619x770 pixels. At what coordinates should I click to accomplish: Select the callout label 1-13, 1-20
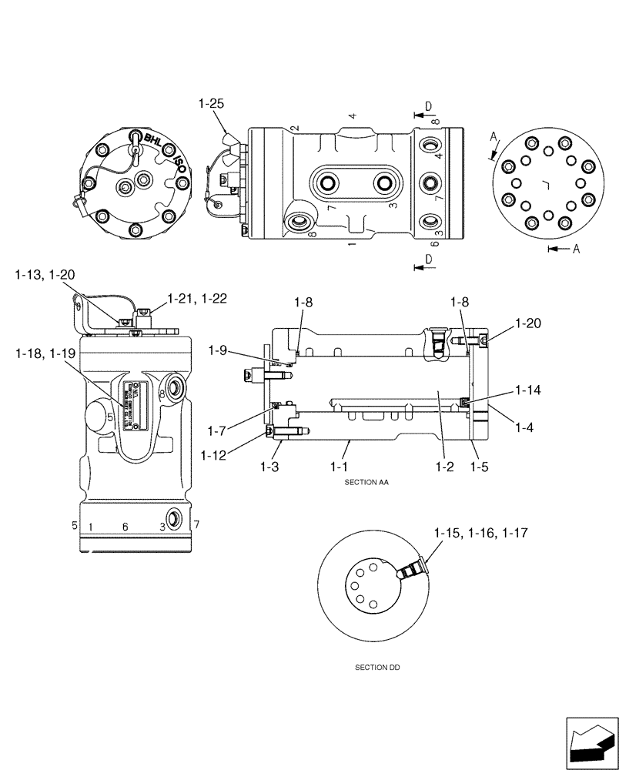click(x=45, y=275)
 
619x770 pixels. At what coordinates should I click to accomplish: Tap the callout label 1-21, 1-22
click(x=197, y=299)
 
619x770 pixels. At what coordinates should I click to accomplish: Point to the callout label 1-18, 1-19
click(x=45, y=353)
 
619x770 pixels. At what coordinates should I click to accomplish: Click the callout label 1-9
click(x=218, y=350)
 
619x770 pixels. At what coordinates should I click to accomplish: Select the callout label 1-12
click(x=215, y=456)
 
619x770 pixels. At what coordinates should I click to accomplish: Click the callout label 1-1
click(x=340, y=467)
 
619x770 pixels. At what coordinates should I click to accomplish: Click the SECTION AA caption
click(x=371, y=481)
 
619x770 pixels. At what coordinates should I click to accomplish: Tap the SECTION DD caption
click(x=372, y=668)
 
